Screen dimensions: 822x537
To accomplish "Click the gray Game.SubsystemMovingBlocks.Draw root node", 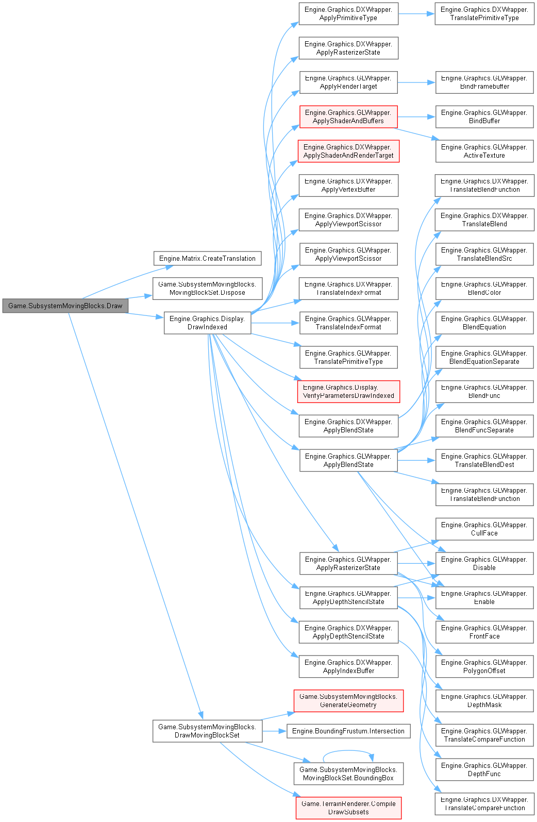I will [65, 306].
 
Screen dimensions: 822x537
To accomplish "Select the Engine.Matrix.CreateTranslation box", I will [207, 258].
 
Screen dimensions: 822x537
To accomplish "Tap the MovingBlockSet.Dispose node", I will [207, 289].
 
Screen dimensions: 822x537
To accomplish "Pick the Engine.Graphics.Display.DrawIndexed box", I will [207, 323].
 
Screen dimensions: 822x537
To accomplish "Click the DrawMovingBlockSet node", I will [207, 731].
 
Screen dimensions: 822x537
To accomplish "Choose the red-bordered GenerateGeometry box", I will [348, 701].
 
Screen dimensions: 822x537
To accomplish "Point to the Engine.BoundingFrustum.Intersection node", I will [348, 731].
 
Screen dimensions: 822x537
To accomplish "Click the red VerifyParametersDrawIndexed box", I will [348, 392].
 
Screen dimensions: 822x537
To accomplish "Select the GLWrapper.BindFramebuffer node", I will [484, 82].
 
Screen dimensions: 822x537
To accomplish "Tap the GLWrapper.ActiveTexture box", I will [484, 151].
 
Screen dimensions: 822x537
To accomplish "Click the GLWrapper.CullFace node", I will [484, 529].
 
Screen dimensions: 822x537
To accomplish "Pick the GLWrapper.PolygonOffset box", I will [484, 666].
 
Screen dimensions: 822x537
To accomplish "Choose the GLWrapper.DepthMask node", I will [484, 701].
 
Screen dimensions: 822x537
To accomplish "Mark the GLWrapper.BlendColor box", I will [484, 289].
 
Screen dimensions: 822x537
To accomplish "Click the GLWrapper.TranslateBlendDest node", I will [484, 460].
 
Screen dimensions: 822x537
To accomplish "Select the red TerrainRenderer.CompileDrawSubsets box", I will [348, 808].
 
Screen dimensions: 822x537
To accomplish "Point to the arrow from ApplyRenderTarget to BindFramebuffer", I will [416, 82].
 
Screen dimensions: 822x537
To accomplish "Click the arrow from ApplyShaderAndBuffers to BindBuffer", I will [416, 117].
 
